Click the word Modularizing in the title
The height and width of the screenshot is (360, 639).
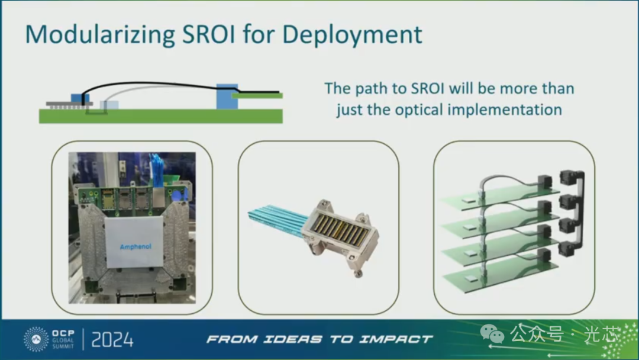(100, 35)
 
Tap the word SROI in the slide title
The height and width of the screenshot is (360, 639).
(209, 34)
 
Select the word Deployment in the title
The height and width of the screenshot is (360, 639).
(351, 35)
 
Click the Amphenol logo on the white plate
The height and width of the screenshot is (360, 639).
(135, 247)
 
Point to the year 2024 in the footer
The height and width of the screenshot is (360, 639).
(112, 340)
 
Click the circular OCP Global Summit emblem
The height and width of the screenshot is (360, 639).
(36, 339)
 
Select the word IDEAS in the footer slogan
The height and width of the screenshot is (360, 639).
(293, 339)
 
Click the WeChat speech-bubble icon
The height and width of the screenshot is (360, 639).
(492, 335)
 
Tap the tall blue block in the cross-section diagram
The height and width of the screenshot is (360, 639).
(227, 97)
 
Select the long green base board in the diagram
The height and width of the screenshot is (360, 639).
(161, 116)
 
